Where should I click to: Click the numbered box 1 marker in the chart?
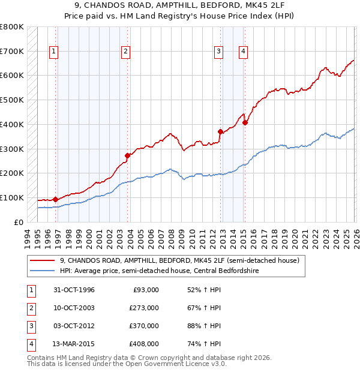click(x=54, y=52)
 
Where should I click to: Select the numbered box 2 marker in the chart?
click(x=125, y=52)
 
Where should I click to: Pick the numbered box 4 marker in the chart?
click(x=243, y=52)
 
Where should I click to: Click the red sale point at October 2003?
click(x=127, y=155)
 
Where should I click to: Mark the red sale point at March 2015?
click(x=245, y=122)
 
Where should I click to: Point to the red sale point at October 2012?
click(x=220, y=131)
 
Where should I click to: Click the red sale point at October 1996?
click(x=56, y=199)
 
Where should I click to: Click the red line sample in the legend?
click(x=43, y=260)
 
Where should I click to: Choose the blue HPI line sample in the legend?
click(x=43, y=271)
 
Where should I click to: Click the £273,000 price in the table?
click(x=144, y=308)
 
